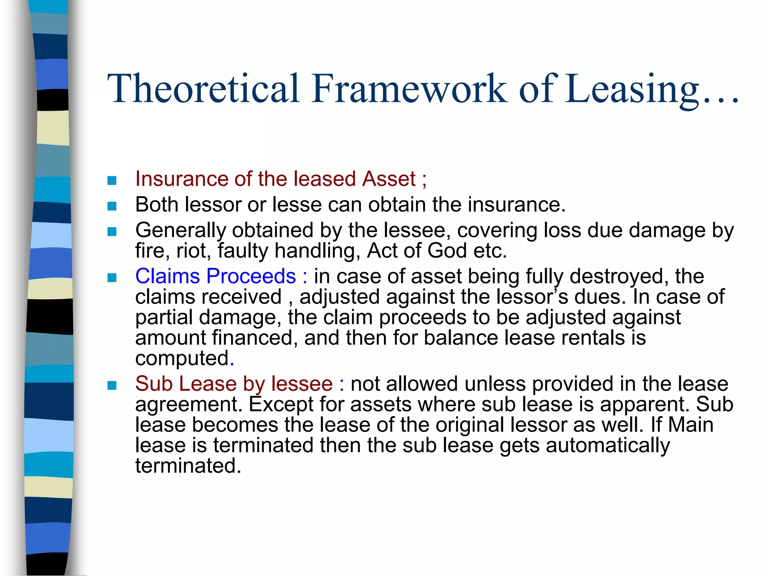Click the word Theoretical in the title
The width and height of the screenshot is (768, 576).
coord(203,88)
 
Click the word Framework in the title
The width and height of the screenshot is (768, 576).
coord(409,88)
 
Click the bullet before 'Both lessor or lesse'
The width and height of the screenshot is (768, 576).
coord(112,206)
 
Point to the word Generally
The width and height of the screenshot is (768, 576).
coord(180,230)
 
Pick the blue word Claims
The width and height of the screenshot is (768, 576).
coord(167,276)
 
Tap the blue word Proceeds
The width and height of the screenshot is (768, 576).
coord(251,276)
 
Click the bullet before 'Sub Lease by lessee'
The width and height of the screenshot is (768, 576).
coord(112,385)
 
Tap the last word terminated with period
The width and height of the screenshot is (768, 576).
coord(187,466)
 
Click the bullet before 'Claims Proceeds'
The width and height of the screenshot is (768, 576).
coord(112,277)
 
